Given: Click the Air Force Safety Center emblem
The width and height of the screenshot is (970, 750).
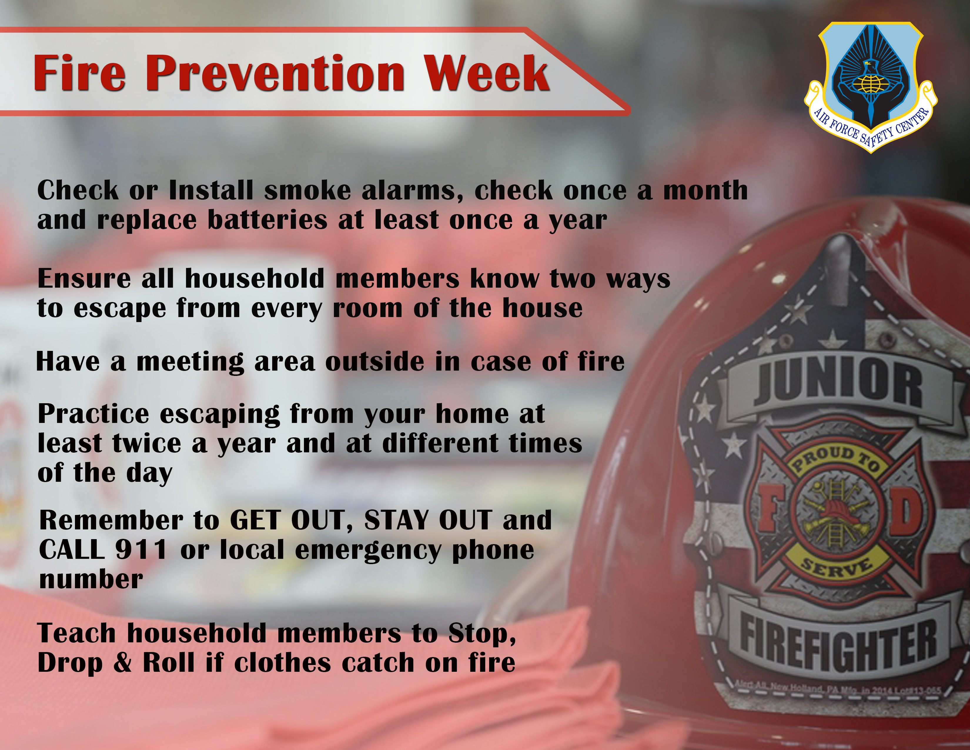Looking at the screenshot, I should click(871, 87).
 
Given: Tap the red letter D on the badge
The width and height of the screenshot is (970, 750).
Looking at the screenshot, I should click(906, 511).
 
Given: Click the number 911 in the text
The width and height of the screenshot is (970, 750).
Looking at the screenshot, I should click(141, 550).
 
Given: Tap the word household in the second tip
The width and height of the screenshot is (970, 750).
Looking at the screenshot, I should click(255, 279).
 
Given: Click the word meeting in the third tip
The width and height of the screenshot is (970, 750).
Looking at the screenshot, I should click(190, 362).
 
